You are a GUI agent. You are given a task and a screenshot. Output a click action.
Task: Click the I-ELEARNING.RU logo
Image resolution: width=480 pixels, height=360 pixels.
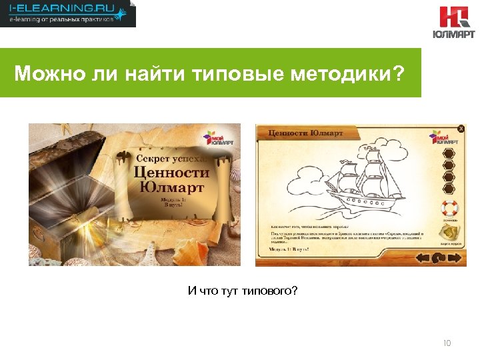(x=67, y=13)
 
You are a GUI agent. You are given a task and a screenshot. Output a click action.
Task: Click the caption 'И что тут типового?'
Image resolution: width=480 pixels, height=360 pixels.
(x=243, y=291)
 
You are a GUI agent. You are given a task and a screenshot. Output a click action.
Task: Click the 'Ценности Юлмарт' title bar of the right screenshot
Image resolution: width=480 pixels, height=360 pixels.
(x=305, y=133)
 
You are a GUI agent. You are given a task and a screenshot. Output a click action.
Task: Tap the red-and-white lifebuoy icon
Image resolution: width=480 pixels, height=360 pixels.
(x=448, y=209)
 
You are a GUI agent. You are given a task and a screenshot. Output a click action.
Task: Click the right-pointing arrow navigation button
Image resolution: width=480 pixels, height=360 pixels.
(x=455, y=257)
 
